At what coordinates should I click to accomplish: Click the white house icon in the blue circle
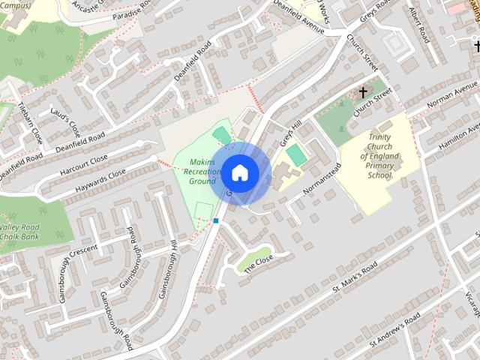click(x=239, y=172)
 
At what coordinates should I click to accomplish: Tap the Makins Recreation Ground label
click(x=202, y=171)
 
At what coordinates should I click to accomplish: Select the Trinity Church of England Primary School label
click(x=379, y=156)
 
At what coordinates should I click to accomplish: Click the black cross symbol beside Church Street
click(x=363, y=93)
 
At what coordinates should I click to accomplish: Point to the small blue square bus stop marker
click(x=216, y=220)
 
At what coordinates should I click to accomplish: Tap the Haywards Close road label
click(x=100, y=182)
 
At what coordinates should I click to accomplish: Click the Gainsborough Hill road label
click(x=166, y=270)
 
